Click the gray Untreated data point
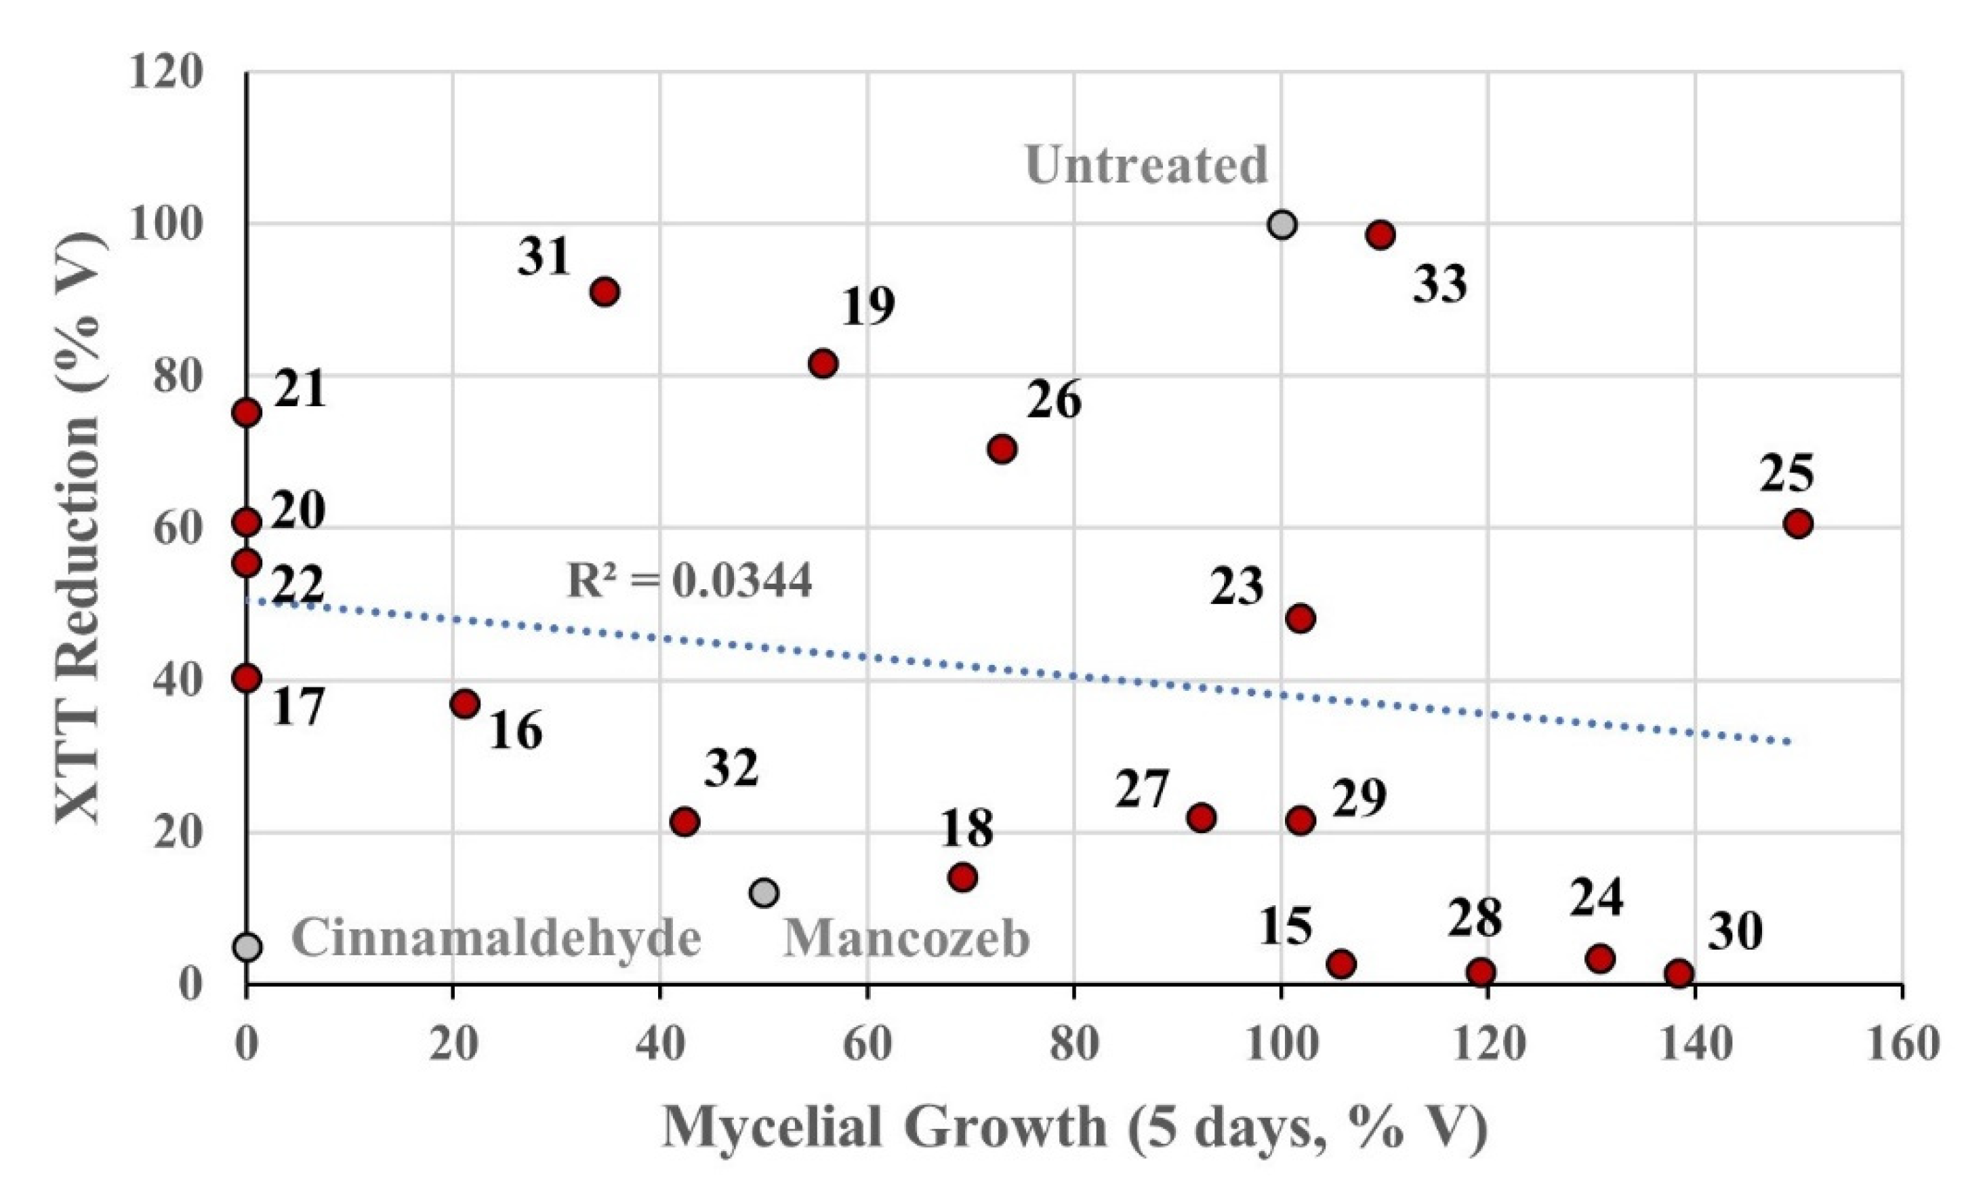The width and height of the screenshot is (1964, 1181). (x=1282, y=225)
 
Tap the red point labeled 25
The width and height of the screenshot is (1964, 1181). (x=1798, y=523)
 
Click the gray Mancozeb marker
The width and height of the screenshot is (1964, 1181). (x=764, y=892)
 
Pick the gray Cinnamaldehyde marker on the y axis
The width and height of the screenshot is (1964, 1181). (x=247, y=947)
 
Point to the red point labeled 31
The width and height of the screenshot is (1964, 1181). (x=605, y=292)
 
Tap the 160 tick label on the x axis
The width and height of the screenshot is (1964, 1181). (x=1901, y=1045)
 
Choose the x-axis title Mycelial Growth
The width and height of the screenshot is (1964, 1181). (x=1074, y=1127)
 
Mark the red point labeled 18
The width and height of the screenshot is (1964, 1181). (x=962, y=877)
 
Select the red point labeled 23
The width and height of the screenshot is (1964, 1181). (x=1300, y=618)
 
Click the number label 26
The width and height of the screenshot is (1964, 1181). (x=1053, y=400)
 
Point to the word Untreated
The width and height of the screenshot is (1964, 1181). (x=1146, y=165)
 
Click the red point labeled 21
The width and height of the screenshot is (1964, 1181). (x=247, y=412)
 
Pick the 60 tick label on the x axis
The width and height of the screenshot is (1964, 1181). (x=867, y=1045)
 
